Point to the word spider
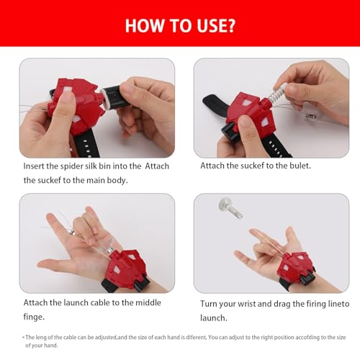tap(80, 165)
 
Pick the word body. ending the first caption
tap(117, 179)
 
